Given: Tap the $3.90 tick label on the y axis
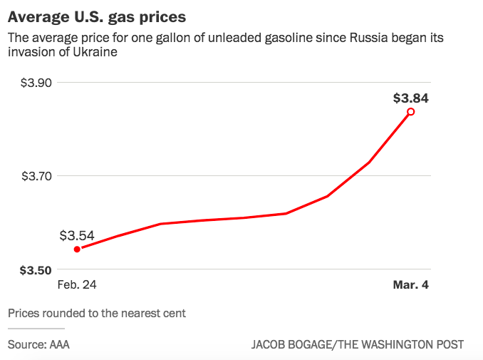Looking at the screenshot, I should click(35, 83).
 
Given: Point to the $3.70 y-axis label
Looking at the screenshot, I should click(35, 176).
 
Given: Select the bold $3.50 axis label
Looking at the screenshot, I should click(35, 270).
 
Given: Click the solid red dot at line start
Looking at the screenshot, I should click(77, 249).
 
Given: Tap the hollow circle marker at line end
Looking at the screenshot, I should click(411, 111).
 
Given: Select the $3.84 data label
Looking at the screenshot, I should click(411, 99).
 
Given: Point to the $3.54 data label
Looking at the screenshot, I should click(77, 235).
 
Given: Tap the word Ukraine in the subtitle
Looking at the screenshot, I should click(97, 53).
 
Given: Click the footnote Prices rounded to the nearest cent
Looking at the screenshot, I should click(97, 313).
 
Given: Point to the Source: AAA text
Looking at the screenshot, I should click(38, 344).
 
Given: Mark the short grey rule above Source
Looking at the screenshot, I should click(36, 329).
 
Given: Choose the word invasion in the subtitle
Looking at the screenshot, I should click(29, 53).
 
